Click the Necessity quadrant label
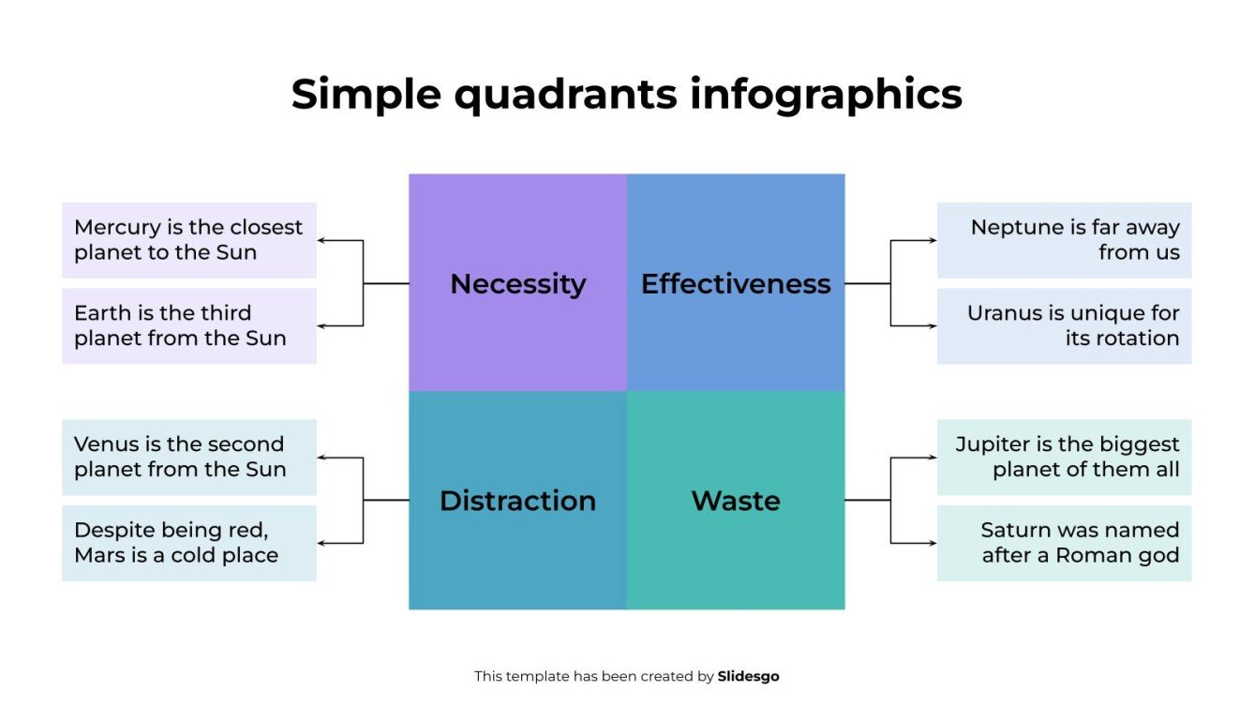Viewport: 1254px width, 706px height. tap(517, 283)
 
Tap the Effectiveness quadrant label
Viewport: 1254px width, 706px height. tap(736, 283)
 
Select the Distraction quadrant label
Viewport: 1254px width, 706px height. tap(517, 501)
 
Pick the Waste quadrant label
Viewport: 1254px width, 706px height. tap(736, 501)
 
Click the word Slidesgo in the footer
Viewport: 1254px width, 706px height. tap(748, 676)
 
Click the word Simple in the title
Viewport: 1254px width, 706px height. tap(362, 95)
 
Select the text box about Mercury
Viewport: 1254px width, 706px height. tap(189, 240)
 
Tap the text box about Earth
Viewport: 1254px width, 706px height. tap(189, 325)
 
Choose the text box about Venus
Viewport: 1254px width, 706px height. tap(189, 457)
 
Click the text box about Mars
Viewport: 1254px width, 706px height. tap(189, 543)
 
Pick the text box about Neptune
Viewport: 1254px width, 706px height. tap(1064, 240)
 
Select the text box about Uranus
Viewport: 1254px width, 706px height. tap(1064, 325)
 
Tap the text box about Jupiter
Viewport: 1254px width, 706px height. tap(1064, 457)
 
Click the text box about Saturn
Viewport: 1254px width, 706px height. tap(1064, 543)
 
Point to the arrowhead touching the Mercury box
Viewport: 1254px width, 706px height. tap(321, 241)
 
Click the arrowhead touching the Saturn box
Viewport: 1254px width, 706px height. tap(933, 543)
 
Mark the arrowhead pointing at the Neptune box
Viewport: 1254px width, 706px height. tap(933, 241)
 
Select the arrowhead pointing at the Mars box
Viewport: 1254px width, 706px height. tap(321, 543)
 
